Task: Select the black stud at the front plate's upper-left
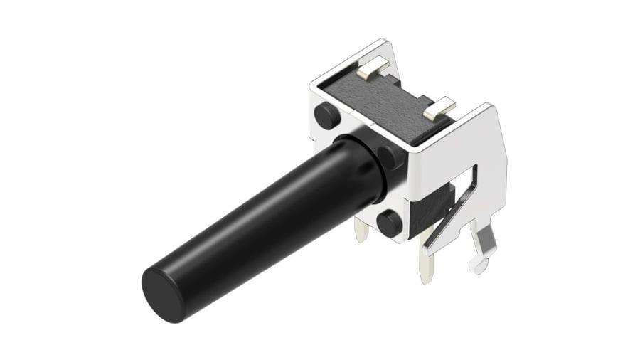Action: coord(326,115)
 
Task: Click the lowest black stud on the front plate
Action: coord(389,223)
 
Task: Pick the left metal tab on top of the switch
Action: coord(373,68)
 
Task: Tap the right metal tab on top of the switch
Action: coord(438,108)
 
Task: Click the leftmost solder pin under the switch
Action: coord(361,229)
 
